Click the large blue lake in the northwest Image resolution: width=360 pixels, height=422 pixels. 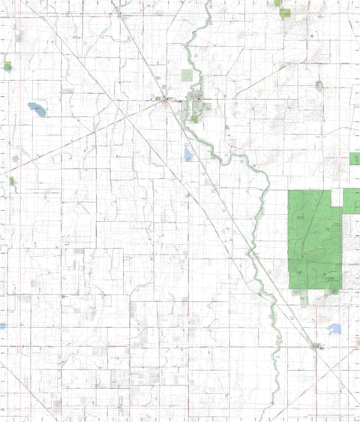click(x=37, y=110)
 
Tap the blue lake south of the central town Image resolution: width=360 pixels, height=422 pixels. click(x=187, y=154)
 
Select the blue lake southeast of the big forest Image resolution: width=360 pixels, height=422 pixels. click(x=334, y=329)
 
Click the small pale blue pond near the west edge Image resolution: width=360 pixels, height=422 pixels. click(x=15, y=159)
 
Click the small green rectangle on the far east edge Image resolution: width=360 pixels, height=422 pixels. click(x=355, y=159)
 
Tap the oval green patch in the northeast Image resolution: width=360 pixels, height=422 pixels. click(x=319, y=86)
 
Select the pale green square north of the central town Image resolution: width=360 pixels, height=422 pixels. click(x=188, y=75)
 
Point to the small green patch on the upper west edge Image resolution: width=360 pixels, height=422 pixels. click(x=7, y=66)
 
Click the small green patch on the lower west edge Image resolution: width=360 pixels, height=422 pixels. click(x=11, y=181)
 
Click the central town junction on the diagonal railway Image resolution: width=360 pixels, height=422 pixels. click(x=166, y=101)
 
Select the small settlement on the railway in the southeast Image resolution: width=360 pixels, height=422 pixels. click(x=316, y=346)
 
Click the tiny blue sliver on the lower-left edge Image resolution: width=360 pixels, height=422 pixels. click(x=2, y=327)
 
